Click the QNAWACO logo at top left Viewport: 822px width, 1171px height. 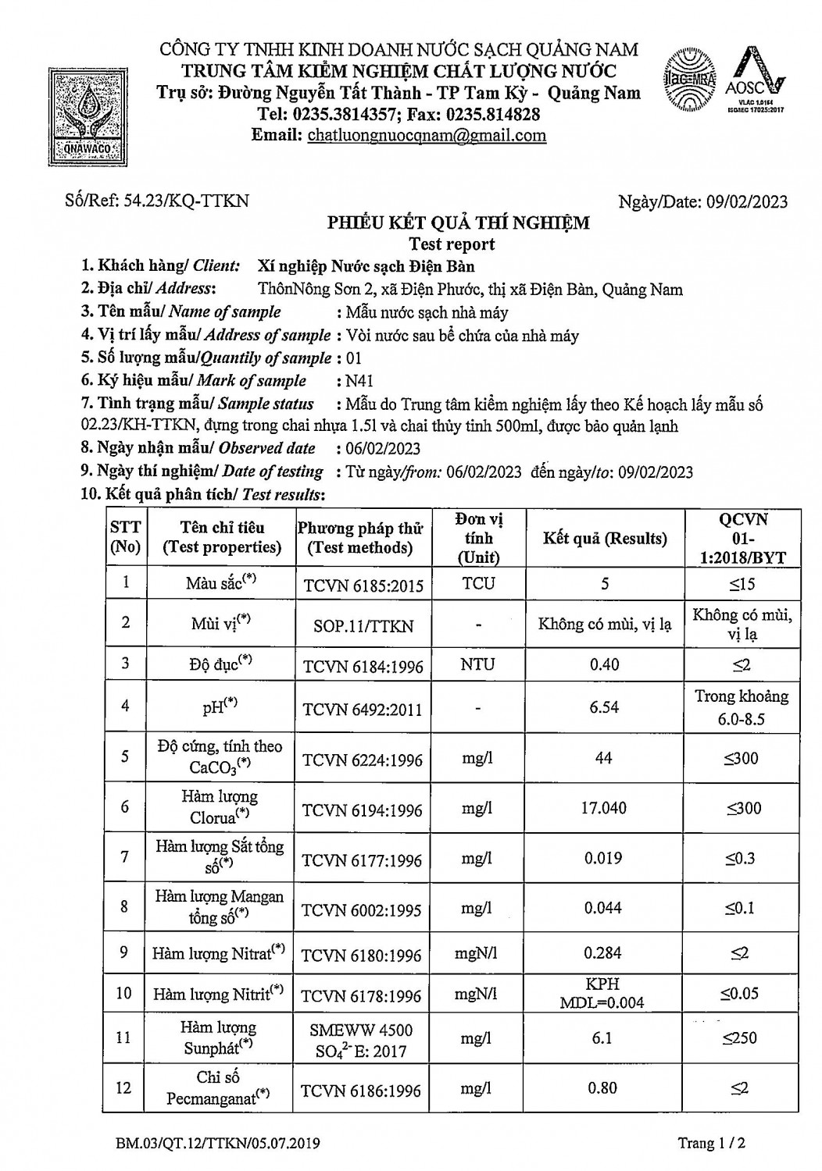click(x=89, y=112)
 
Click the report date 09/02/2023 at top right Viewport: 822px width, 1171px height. click(x=747, y=201)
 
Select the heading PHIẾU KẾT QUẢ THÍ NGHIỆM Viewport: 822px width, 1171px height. click(x=458, y=223)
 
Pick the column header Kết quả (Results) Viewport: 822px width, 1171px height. click(x=605, y=539)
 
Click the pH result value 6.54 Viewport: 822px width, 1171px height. click(x=604, y=707)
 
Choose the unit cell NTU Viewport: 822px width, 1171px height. click(x=477, y=664)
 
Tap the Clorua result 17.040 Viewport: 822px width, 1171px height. click(x=604, y=808)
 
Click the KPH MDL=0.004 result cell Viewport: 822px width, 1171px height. click(x=602, y=993)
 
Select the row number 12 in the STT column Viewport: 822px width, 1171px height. click(x=123, y=1087)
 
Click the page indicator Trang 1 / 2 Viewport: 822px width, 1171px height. click(x=712, y=1144)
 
